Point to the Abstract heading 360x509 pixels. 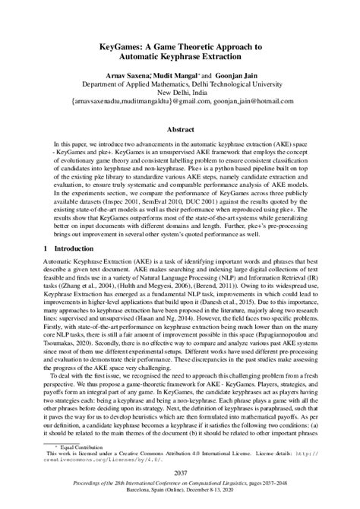(x=180, y=129)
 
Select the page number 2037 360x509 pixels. (x=180, y=473)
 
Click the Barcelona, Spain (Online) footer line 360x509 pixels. (x=180, y=500)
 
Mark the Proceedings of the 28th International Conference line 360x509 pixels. (x=180, y=492)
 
